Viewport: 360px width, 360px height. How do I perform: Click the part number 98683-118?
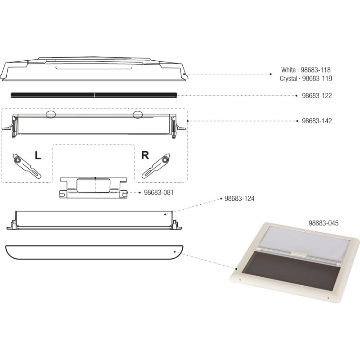tap(315, 70)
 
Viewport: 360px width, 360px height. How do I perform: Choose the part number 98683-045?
tap(323, 223)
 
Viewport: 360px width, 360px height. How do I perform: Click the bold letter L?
tap(38, 156)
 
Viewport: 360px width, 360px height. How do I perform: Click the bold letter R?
tap(145, 156)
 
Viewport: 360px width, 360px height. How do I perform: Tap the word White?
tap(288, 70)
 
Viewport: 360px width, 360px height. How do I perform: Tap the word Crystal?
tap(288, 78)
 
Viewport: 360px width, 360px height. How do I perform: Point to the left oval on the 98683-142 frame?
tap(51, 114)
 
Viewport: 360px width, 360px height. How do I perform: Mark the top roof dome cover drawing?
tap(94, 70)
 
